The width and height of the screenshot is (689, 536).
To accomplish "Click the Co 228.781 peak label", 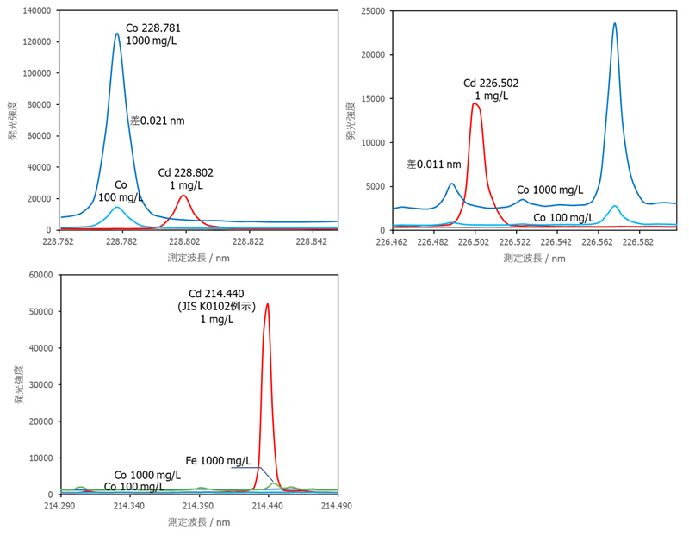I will click(x=153, y=34).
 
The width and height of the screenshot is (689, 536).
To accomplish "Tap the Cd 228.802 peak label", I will click(x=186, y=179).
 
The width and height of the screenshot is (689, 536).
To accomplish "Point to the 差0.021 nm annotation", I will click(x=158, y=121).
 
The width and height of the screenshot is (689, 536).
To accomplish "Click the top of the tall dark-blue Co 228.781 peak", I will click(x=117, y=34).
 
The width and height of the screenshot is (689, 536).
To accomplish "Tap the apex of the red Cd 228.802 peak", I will click(x=183, y=196).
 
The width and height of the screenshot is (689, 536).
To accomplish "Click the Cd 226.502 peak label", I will click(x=491, y=90).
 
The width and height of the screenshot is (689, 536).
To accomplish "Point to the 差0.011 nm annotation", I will click(x=434, y=164).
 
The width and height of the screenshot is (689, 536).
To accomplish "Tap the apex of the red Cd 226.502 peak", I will click(x=475, y=104).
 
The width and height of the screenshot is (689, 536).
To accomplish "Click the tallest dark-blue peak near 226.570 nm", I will click(x=614, y=23).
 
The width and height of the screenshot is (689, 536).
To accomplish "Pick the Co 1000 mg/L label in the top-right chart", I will click(x=549, y=190).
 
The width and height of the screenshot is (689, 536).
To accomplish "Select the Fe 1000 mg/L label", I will click(x=219, y=460).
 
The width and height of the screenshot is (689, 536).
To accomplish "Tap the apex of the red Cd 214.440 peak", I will click(x=267, y=303).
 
